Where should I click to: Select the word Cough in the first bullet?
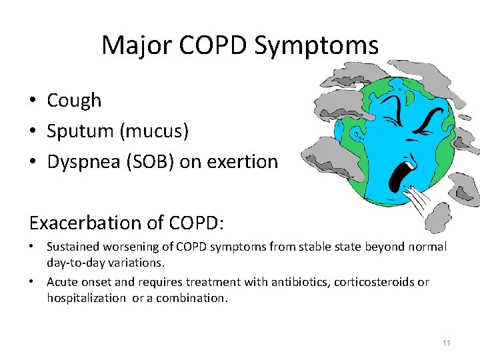[74, 101]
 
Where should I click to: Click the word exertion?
[246, 162]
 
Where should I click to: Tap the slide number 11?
[446, 343]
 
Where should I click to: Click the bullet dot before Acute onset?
[32, 283]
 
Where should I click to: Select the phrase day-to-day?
[77, 263]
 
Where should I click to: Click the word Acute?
[62, 283]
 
